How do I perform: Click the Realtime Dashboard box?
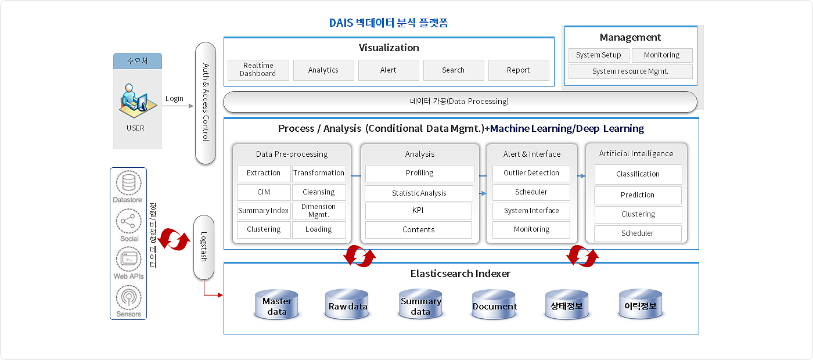click(x=258, y=70)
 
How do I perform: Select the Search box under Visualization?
click(x=454, y=70)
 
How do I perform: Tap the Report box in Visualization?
click(x=518, y=70)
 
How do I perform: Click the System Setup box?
click(x=599, y=55)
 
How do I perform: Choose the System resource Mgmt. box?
click(x=630, y=71)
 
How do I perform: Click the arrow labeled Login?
click(x=178, y=106)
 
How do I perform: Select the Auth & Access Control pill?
click(x=206, y=103)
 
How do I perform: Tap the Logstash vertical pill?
click(x=204, y=247)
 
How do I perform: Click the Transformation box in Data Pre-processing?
click(x=319, y=173)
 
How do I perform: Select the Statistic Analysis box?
click(x=419, y=193)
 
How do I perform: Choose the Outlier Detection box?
click(x=531, y=173)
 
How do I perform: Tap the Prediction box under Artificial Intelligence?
click(x=638, y=195)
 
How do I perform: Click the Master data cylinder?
click(x=276, y=304)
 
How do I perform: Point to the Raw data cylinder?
click(x=347, y=304)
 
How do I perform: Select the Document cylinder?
click(x=494, y=304)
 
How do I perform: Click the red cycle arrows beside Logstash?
click(x=174, y=239)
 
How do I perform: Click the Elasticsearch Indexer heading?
click(x=460, y=273)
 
